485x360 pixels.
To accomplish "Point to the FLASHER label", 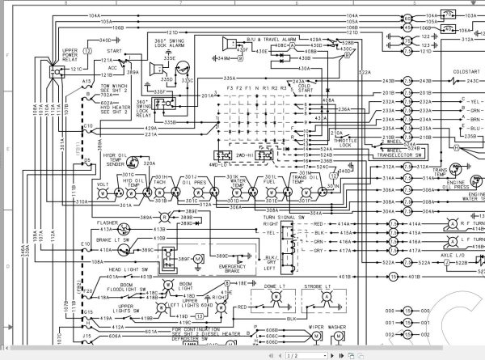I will [x=108, y=218].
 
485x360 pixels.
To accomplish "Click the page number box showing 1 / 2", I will [x=297, y=354].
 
